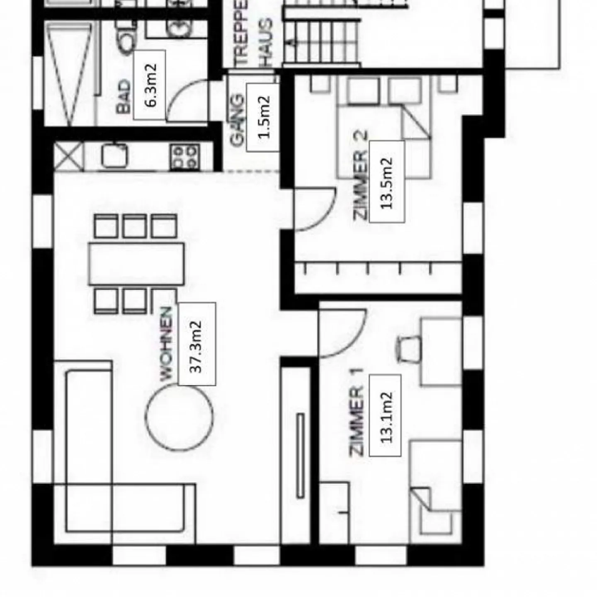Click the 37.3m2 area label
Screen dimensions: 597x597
point(197,344)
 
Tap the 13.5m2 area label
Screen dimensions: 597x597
point(386,182)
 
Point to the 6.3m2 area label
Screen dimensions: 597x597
point(150,85)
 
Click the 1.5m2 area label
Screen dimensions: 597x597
point(263,117)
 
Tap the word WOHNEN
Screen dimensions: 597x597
point(166,343)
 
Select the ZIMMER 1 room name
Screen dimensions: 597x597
point(357,413)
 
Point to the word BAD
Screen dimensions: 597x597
point(123,97)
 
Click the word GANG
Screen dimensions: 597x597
point(237,120)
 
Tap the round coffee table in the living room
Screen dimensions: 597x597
point(179,417)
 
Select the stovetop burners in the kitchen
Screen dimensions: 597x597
point(184,157)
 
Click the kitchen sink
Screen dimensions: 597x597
point(114,156)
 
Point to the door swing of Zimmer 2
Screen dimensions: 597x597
point(314,209)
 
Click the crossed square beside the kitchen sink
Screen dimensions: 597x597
point(69,156)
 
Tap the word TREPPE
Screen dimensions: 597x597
point(241,33)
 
